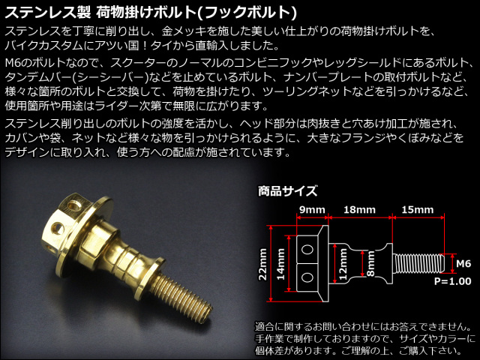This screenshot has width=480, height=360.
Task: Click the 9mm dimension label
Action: [x=312, y=210]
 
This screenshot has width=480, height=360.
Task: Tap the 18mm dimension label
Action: [x=359, y=210]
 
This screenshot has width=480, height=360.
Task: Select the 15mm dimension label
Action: [x=418, y=210]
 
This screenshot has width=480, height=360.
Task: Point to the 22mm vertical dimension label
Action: [x=262, y=264]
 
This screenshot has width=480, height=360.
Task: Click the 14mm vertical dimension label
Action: [x=280, y=264]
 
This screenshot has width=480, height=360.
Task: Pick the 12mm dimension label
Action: [x=343, y=264]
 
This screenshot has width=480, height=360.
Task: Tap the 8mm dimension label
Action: [x=370, y=264]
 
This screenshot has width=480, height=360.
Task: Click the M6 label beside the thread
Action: [x=463, y=263]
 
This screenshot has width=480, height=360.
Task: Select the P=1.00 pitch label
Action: [x=453, y=281]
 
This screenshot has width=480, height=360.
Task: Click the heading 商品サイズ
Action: [x=287, y=191]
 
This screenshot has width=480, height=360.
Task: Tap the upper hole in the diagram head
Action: [x=307, y=249]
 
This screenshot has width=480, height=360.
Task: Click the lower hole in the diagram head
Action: [x=307, y=277]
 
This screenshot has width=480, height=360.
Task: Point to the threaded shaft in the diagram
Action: [x=418, y=263]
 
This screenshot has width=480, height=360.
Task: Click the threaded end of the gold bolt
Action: [x=184, y=296]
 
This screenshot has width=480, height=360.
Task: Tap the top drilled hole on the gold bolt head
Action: [x=73, y=205]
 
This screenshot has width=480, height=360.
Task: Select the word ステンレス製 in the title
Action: [x=48, y=12]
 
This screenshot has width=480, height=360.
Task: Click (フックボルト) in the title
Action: [x=250, y=12]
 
